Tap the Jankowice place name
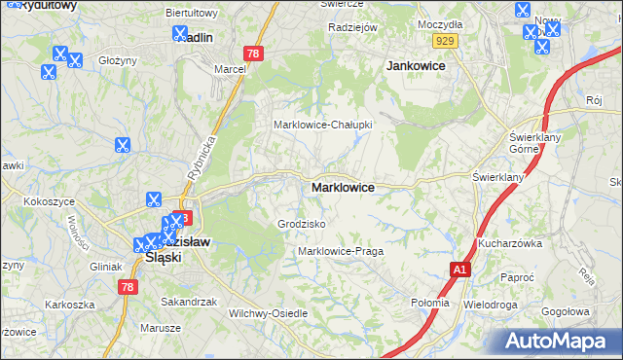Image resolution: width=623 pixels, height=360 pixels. click(416, 66)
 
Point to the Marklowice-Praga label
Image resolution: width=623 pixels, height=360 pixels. click(341, 251)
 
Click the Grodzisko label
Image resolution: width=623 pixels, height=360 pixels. click(301, 224)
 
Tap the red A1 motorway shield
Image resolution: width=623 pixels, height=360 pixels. click(459, 270)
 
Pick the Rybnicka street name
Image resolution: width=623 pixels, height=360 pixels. click(205, 151)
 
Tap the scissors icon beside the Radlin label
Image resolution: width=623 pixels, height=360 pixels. click(180, 33)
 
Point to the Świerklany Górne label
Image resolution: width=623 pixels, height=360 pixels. click(531, 143)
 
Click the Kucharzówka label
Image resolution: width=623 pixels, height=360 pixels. click(509, 243)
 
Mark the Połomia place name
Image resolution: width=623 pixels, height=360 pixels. click(430, 303)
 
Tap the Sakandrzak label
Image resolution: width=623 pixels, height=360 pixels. click(189, 302)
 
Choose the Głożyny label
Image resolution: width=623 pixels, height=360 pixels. click(118, 60)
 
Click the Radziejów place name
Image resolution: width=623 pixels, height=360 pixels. click(352, 27)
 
